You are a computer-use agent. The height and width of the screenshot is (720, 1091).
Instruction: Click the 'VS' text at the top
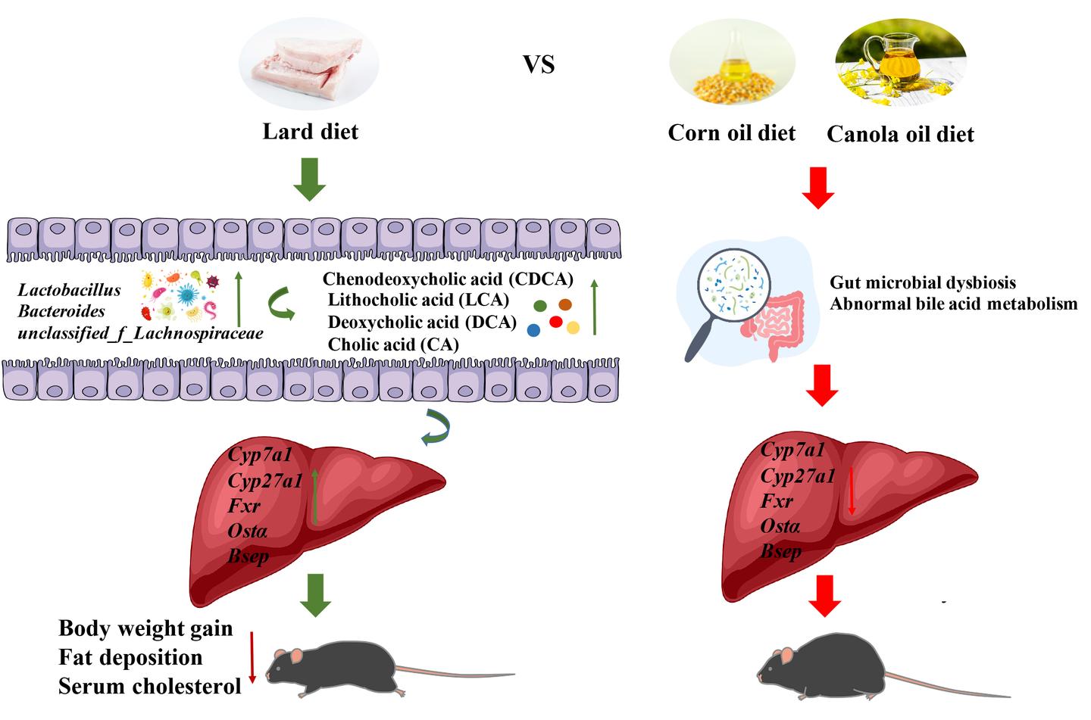tap(539, 64)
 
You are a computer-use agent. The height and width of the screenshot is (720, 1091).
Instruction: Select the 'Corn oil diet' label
tap(731, 133)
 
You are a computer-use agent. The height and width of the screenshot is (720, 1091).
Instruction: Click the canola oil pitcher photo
tap(900, 64)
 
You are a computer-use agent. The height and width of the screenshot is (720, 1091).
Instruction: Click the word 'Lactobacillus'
tap(70, 290)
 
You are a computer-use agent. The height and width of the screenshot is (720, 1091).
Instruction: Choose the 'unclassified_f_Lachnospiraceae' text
tap(140, 333)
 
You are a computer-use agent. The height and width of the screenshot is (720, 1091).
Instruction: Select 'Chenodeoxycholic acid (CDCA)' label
tap(448, 279)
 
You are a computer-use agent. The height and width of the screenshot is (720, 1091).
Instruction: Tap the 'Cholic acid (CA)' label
tap(393, 344)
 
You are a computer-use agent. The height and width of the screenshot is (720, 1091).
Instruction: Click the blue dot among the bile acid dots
tap(533, 330)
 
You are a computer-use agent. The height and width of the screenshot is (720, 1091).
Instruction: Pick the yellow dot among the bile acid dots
tap(574, 328)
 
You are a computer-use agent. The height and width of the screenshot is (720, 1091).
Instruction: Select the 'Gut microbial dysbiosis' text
tap(923, 283)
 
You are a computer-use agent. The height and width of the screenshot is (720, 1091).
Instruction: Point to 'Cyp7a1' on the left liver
tap(260, 456)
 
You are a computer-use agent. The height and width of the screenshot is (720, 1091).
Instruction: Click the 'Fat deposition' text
tap(130, 657)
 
